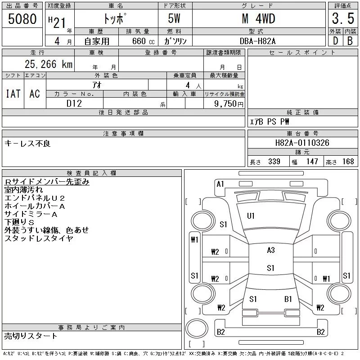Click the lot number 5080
coord(22,20)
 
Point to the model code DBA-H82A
coord(258,41)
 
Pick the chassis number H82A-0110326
coord(302,143)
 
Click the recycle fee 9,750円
coord(229,103)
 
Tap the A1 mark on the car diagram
coord(220,184)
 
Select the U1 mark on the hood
coord(251,216)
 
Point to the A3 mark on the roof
coord(270,250)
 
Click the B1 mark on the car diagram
coord(288,299)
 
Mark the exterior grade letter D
coord(335,41)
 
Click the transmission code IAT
coord(13,93)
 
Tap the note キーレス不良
coord(27,144)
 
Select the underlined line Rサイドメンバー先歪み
coord(47,182)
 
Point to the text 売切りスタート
coord(31,336)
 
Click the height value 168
coord(348,162)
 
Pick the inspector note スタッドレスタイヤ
coord(39,238)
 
